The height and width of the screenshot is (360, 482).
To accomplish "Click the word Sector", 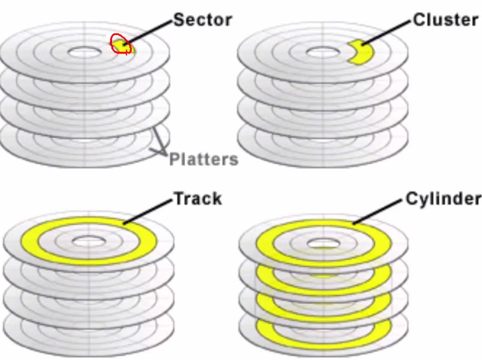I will point(202,19).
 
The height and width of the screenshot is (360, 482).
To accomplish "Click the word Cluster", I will point(445,19).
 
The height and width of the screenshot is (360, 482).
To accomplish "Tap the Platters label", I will point(204,159).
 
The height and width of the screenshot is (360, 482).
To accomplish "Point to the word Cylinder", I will point(443,198).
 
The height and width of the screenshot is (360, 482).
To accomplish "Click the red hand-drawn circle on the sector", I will point(121,44).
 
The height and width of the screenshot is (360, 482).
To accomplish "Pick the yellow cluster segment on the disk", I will point(364,53).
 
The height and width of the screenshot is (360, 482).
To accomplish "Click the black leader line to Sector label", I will point(150,31).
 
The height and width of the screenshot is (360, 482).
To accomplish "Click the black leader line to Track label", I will point(148,211).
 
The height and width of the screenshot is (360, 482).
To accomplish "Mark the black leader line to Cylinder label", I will point(380,211).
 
